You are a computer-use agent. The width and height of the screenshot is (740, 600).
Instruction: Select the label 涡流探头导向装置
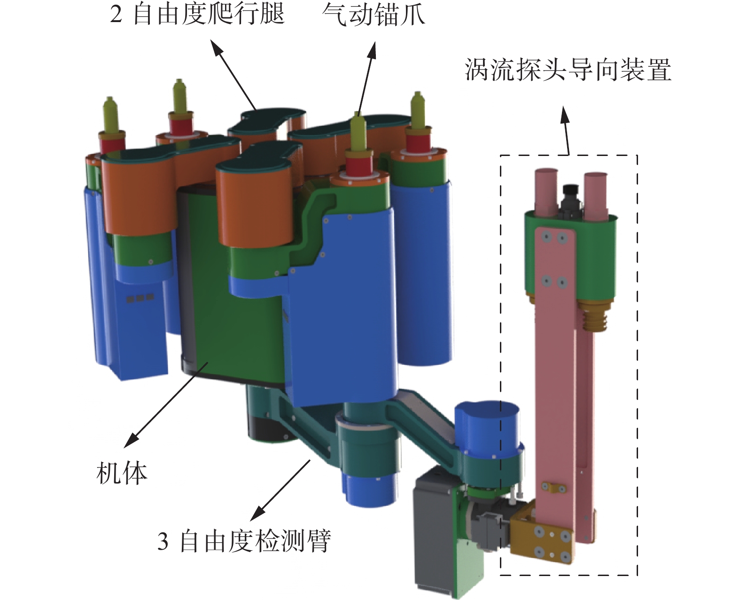(568, 70)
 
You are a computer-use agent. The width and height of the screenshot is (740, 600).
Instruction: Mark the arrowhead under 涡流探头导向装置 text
(565, 115)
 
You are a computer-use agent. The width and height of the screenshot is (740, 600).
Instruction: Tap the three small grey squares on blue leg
(140, 298)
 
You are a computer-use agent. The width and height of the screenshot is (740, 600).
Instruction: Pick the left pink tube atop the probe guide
(546, 193)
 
